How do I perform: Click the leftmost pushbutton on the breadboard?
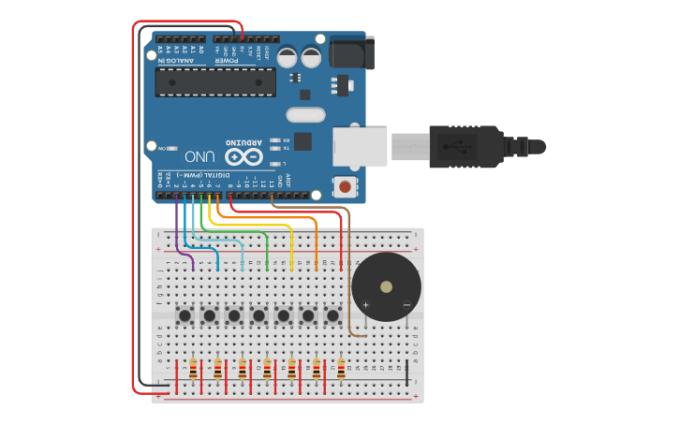click(185, 315)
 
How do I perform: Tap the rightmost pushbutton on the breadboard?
click(332, 315)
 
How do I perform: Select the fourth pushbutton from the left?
click(258, 315)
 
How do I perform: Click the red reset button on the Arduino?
click(345, 187)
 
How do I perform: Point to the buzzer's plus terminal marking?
click(366, 305)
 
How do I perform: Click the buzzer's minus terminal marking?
click(406, 305)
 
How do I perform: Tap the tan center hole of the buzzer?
click(386, 286)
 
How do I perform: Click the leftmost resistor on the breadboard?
click(194, 370)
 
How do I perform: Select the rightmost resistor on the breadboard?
click(341, 370)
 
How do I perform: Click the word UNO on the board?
click(200, 156)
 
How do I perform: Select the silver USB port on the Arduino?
click(360, 147)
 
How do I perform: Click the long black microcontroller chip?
click(215, 81)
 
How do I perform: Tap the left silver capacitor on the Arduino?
click(288, 57)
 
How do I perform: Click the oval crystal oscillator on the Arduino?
click(305, 115)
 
